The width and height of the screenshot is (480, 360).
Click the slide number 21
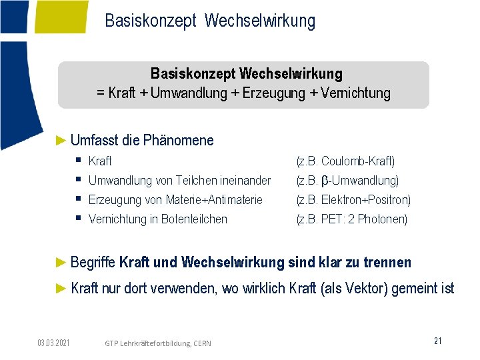point(437,341)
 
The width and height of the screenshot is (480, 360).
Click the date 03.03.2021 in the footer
point(54,343)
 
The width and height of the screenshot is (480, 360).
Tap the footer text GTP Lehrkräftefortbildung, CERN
point(158,343)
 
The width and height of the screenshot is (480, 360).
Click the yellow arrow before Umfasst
point(62,140)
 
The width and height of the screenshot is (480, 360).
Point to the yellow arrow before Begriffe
point(62,262)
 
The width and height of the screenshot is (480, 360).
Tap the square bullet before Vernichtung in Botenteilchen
point(78,218)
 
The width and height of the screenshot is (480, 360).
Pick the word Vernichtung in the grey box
point(355,93)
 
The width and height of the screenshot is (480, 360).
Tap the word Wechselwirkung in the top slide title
point(260,21)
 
